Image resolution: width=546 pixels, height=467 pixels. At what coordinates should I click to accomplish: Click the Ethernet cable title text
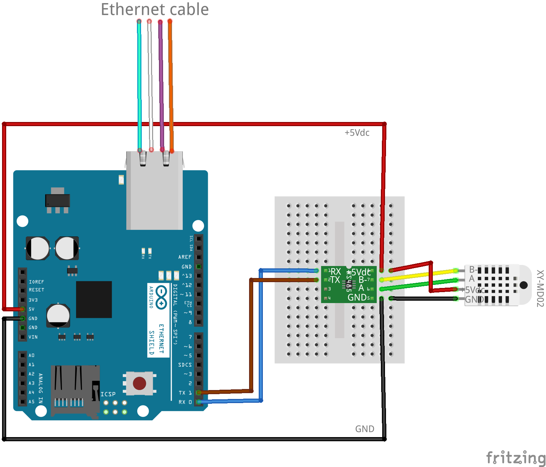[x=154, y=10]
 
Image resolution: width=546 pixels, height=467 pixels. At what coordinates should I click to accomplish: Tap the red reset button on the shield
[x=139, y=383]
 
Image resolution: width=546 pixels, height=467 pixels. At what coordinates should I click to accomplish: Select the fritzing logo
[x=515, y=458]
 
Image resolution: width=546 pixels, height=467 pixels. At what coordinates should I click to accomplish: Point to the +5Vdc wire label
[x=357, y=133]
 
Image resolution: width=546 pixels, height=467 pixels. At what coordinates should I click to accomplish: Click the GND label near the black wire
[x=364, y=429]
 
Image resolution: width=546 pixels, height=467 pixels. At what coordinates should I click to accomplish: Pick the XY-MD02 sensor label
[x=540, y=288]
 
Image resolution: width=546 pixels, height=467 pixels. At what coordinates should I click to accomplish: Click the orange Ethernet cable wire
[x=170, y=86]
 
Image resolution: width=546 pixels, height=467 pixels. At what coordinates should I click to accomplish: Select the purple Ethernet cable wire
[x=161, y=86]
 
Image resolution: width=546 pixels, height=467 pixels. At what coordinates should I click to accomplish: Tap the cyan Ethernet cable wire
[x=139, y=86]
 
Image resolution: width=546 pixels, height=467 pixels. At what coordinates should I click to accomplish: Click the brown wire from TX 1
[x=251, y=337]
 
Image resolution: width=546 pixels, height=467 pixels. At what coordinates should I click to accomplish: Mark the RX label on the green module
[x=335, y=271]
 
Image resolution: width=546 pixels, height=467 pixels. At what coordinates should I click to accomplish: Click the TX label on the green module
[x=335, y=280]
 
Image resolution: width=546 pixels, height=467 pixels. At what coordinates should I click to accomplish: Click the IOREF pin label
[x=36, y=282]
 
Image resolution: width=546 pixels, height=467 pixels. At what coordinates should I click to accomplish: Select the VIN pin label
[x=33, y=337]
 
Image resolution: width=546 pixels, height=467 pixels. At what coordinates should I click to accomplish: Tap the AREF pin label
[x=185, y=257]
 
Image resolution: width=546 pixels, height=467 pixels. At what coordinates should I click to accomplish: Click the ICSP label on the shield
[x=108, y=394]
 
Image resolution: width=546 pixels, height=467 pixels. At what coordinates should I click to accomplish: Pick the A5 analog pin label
[x=32, y=402]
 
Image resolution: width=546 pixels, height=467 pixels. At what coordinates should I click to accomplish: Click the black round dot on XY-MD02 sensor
[x=524, y=285]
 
